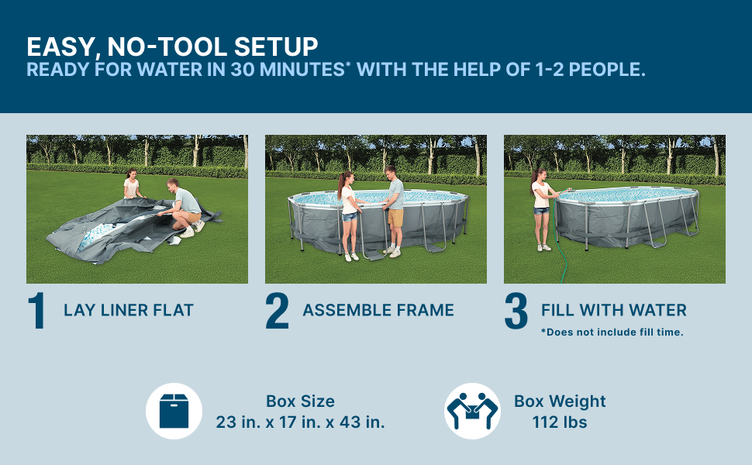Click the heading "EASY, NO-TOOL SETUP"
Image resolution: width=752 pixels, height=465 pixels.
click(172, 47)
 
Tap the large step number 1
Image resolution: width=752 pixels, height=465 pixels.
click(37, 311)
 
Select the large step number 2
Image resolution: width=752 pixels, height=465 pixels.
click(278, 311)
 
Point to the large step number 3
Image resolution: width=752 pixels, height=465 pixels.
click(516, 311)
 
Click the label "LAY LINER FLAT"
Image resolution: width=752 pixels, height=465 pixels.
click(129, 310)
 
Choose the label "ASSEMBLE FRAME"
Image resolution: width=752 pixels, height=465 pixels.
click(378, 310)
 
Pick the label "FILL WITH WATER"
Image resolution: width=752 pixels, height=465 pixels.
click(614, 310)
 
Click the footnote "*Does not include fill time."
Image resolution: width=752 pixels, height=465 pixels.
click(612, 332)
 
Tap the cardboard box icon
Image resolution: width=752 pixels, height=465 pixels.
click(174, 411)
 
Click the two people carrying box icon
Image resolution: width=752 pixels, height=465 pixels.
click(472, 411)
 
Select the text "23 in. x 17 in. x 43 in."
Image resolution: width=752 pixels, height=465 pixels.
click(300, 422)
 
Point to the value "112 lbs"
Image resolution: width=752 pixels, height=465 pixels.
click(560, 422)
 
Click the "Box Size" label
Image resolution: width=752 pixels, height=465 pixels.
click(300, 401)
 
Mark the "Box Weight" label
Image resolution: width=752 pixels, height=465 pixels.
click(560, 401)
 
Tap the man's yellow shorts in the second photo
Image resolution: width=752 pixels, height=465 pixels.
click(395, 218)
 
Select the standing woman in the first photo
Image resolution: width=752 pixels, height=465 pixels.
click(132, 184)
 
